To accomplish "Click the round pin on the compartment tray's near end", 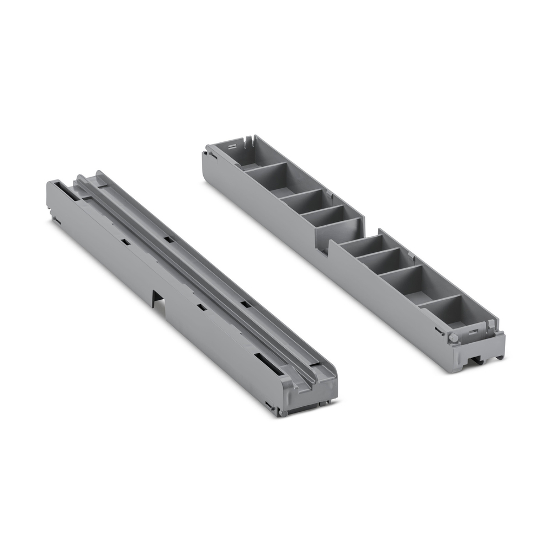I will click(x=454, y=337).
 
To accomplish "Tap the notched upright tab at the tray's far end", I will click(x=249, y=140).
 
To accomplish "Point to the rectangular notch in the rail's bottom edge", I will click(x=158, y=299).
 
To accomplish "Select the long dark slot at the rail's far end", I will click(x=63, y=190).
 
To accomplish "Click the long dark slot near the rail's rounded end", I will click(x=270, y=367).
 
